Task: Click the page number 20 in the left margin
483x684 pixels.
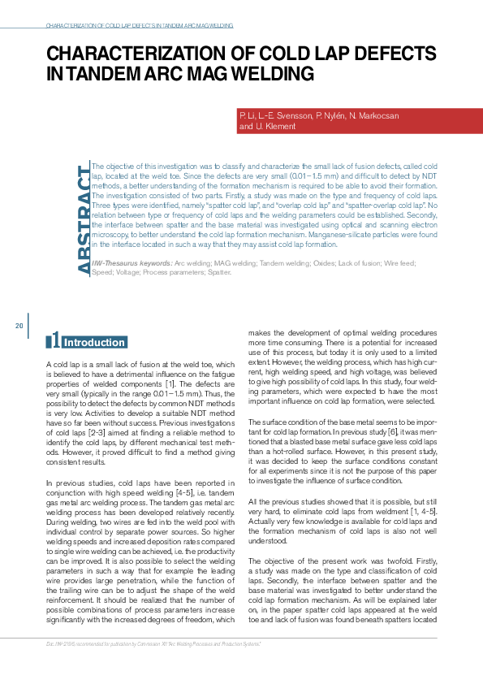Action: pyautogui.click(x=19, y=326)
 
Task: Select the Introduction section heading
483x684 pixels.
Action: pyautogui.click(x=94, y=343)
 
